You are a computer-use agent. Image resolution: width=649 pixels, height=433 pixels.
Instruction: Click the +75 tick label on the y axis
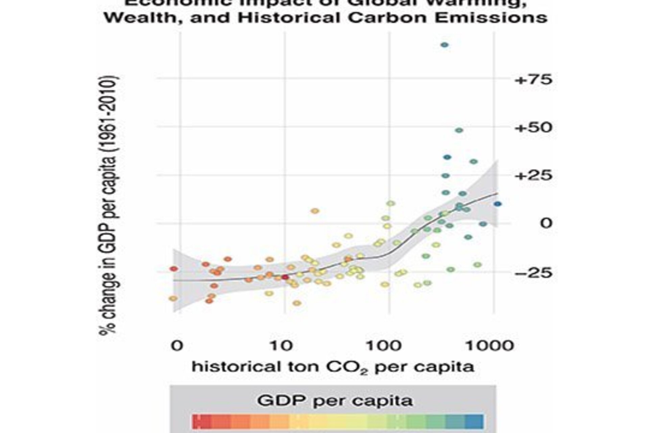pos(533,80)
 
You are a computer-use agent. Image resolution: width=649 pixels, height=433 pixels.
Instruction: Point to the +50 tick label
pos(533,128)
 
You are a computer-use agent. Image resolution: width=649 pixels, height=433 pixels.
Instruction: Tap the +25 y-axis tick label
pos(533,176)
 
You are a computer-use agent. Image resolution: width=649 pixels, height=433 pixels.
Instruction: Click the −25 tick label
pos(533,273)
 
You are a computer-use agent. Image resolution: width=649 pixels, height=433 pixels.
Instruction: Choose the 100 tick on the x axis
pos(383,346)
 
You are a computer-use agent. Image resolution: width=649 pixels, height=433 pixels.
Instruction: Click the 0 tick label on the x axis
pos(177,346)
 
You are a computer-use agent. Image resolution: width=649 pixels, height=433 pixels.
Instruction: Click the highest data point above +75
pos(445,45)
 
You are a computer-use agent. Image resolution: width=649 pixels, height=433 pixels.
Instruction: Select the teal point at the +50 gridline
pos(459,130)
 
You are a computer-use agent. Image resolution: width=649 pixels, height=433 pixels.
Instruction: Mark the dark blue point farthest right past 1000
pos(498,204)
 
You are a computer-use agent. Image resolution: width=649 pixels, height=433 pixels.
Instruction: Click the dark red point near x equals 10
pos(285,277)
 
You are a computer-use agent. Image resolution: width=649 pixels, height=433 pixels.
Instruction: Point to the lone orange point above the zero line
pos(315,211)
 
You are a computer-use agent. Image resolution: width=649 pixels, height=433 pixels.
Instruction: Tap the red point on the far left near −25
pos(174,269)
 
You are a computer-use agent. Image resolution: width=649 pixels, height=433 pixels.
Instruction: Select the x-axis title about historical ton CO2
pos(333,367)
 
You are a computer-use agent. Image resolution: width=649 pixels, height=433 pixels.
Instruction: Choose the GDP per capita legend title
pos(335,401)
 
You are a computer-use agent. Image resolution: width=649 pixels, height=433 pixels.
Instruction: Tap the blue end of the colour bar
pos(475,421)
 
